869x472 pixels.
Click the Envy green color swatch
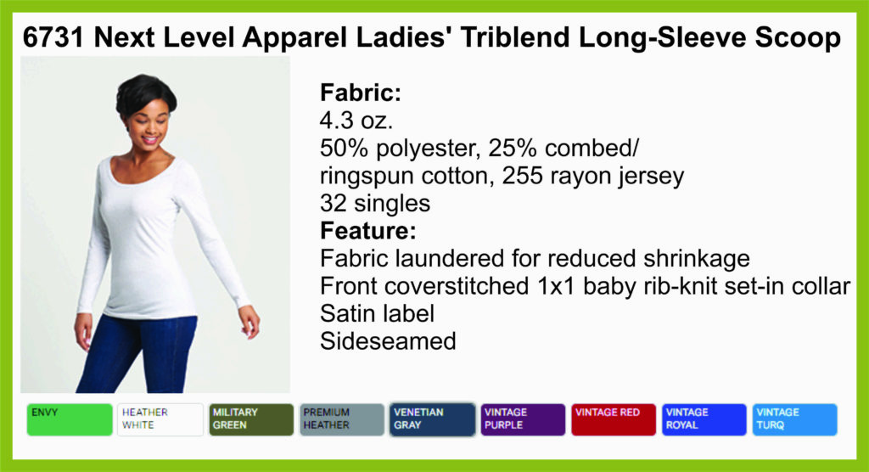click(x=70, y=419)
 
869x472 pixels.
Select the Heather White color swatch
click(x=160, y=419)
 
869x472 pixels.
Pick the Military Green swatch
click(x=251, y=419)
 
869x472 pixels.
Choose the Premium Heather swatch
click(x=341, y=419)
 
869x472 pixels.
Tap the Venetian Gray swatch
click(x=432, y=419)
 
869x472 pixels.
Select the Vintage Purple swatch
click(x=523, y=419)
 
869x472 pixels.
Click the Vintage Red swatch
click(x=614, y=419)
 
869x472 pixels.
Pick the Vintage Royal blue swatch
click(x=704, y=419)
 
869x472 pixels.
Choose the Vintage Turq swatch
click(x=794, y=419)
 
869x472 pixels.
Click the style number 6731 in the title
click(x=53, y=37)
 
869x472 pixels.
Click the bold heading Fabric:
click(x=360, y=93)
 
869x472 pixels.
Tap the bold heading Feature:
click(x=368, y=230)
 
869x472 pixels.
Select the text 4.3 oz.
click(x=356, y=121)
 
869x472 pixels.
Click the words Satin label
click(x=377, y=313)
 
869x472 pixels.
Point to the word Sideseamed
click(x=388, y=341)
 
